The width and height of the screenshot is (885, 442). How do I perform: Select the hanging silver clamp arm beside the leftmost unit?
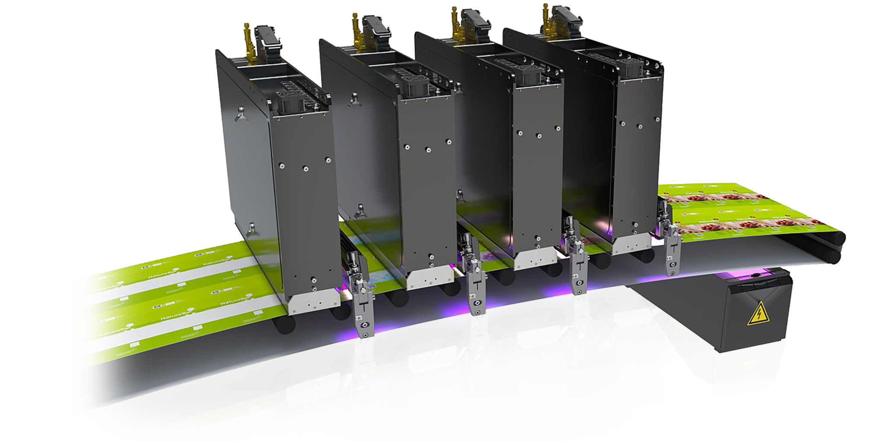359,298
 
